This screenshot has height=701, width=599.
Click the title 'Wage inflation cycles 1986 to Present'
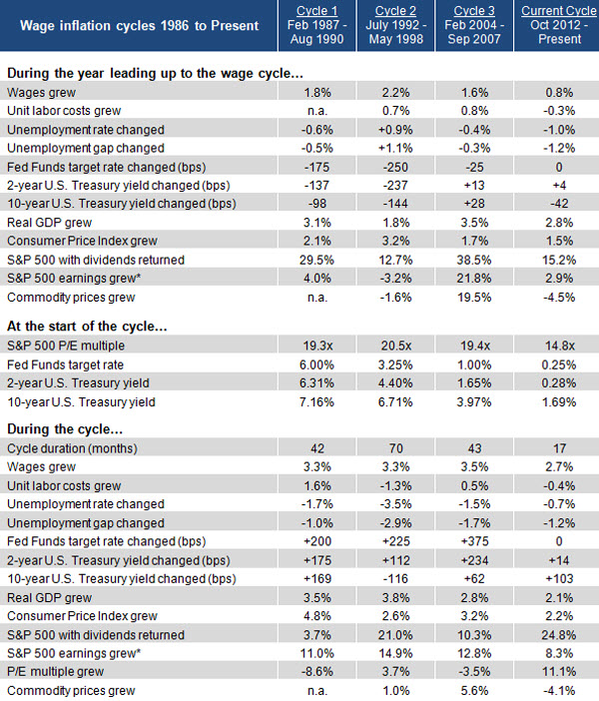tap(139, 26)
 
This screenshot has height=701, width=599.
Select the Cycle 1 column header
tap(316, 25)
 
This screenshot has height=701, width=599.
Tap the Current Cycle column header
tap(559, 25)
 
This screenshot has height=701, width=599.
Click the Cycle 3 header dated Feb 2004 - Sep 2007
tap(474, 25)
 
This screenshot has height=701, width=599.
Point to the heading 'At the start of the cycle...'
tap(87, 327)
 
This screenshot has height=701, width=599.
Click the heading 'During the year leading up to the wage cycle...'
tap(155, 73)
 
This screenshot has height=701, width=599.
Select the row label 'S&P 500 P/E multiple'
tap(66, 346)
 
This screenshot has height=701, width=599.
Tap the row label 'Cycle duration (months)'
tap(72, 448)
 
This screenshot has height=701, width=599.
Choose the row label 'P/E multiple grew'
tap(56, 671)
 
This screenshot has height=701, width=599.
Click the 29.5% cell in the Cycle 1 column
tap(316, 260)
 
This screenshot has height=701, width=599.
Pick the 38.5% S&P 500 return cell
tap(474, 260)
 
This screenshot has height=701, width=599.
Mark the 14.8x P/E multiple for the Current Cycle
tap(559, 346)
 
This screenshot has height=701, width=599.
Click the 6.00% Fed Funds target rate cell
tap(316, 364)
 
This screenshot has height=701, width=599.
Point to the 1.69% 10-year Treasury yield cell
tap(559, 401)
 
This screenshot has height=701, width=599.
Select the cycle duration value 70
tap(396, 448)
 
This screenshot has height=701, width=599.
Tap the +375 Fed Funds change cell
tap(474, 541)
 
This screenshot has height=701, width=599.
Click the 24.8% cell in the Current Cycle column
tap(559, 635)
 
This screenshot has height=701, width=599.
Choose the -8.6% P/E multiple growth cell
tap(316, 671)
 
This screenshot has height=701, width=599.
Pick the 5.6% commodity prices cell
tap(474, 691)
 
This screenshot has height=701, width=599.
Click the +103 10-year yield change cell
tap(559, 578)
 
